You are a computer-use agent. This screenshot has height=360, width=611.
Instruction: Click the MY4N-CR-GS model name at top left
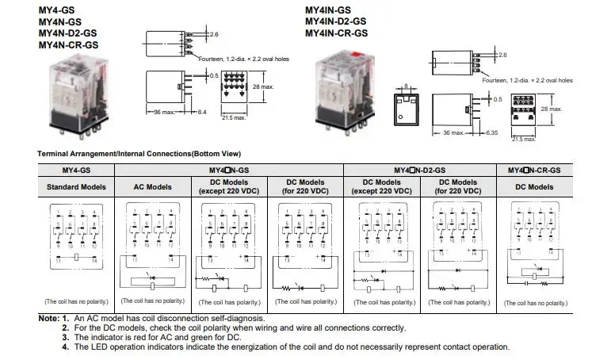69,45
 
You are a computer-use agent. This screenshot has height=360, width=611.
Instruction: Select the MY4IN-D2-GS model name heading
336,22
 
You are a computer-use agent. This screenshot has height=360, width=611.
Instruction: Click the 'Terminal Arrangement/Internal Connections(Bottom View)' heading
139,153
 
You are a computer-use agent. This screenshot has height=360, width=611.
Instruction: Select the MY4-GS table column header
76,170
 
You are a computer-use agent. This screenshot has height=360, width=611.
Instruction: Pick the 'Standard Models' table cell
76,187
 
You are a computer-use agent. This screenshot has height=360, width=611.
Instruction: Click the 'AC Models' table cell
154,187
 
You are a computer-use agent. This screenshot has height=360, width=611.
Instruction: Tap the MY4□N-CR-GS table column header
533,170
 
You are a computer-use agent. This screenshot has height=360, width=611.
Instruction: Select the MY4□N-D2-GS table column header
419,170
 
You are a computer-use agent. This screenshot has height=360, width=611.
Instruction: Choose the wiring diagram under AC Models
153,247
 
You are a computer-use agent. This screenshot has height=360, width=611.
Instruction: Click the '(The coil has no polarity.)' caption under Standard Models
76,302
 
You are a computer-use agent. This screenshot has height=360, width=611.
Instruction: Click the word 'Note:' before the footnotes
48,319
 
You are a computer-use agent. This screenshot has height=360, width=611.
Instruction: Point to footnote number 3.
67,338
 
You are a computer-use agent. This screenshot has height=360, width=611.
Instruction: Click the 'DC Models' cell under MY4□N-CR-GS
534,187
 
